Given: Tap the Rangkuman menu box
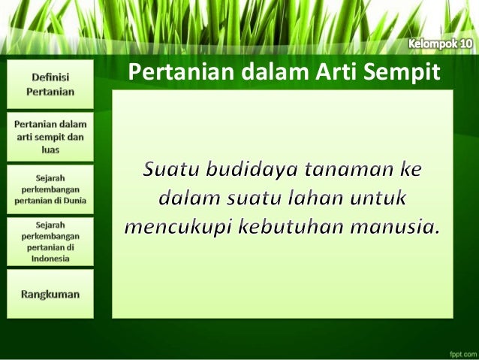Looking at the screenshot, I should click(50, 295).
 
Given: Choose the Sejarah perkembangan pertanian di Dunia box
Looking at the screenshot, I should click(50, 189).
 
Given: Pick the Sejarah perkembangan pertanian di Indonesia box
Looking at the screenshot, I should click(50, 241).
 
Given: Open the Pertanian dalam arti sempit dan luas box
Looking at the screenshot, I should click(50, 137).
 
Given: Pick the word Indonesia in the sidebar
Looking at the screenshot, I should click(51, 258).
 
